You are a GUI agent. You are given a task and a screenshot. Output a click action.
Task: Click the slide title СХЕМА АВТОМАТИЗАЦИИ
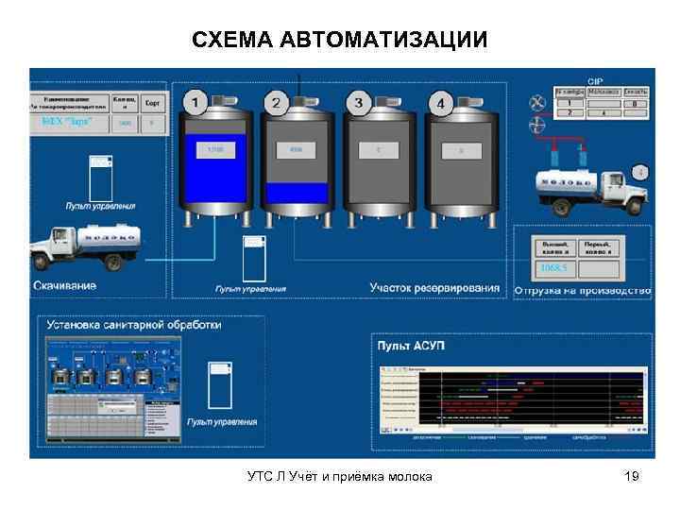[340, 40]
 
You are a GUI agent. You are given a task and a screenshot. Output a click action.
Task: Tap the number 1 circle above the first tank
[195, 102]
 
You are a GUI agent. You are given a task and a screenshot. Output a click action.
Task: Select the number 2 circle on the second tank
[277, 102]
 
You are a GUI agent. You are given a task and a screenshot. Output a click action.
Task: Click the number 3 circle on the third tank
[357, 102]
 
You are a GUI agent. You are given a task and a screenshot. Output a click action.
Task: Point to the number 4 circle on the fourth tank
[438, 102]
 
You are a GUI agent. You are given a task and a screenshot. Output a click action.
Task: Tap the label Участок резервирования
[434, 287]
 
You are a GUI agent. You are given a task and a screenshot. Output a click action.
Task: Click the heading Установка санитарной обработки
[134, 324]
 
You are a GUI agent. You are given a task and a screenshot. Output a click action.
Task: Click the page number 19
[632, 476]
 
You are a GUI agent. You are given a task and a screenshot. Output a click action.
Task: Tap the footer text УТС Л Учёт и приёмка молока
[340, 476]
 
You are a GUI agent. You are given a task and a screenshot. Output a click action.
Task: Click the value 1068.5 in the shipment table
[551, 268]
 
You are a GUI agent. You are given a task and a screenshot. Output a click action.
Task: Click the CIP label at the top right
[596, 81]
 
